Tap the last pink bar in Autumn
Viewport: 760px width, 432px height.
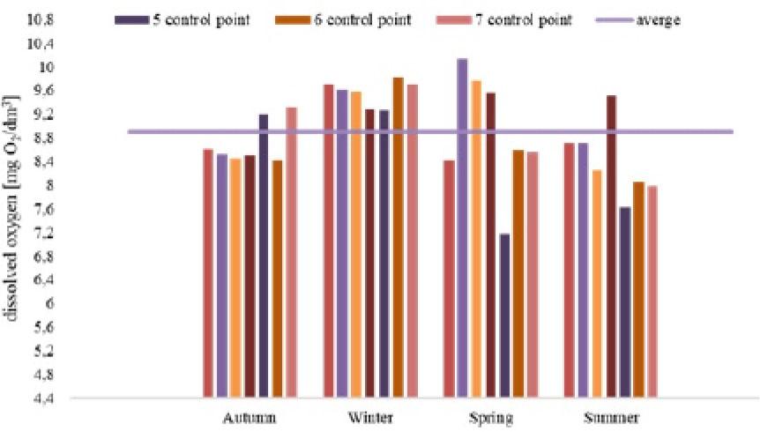click(x=291, y=252)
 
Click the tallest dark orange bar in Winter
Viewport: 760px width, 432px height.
click(x=399, y=238)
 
